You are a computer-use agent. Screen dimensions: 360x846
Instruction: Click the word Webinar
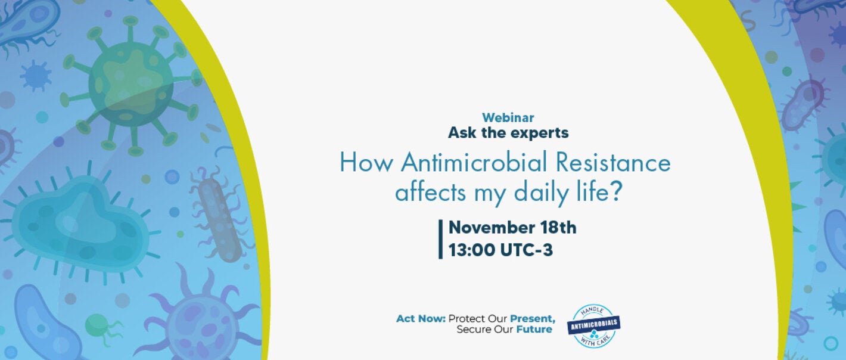508,118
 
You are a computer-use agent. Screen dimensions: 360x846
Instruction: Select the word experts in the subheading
539,133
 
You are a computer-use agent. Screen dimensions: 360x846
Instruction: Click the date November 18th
512,228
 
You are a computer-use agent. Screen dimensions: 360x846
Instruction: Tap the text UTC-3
528,250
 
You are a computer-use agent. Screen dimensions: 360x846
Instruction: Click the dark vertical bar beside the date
441,239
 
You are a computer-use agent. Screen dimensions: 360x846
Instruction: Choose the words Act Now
421,319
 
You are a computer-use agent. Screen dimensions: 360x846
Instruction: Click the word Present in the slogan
532,319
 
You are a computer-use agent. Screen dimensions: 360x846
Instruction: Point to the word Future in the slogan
534,329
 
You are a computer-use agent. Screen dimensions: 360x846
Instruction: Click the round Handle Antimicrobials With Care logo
593,326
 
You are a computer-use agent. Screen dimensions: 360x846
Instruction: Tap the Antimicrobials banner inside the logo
593,325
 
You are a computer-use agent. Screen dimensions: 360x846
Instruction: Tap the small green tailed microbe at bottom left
98,327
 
